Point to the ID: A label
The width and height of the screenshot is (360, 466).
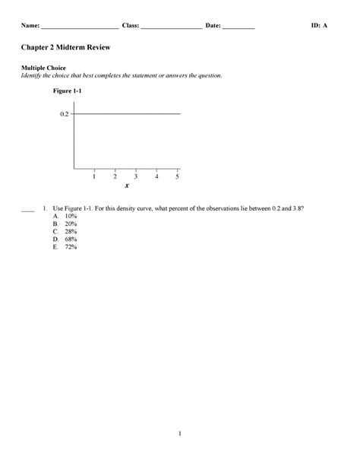click(x=320, y=26)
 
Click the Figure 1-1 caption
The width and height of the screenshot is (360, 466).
click(x=67, y=91)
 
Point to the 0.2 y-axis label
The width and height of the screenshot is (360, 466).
click(x=64, y=114)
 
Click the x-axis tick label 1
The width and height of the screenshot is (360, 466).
click(x=94, y=176)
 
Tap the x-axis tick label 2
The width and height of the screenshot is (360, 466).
click(x=115, y=176)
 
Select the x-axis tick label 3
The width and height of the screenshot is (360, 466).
click(x=135, y=176)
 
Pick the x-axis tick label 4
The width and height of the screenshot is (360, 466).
click(x=156, y=176)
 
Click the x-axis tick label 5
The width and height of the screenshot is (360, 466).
click(x=177, y=176)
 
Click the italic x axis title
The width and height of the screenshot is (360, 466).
click(x=127, y=186)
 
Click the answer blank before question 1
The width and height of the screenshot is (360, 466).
click(x=28, y=209)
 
